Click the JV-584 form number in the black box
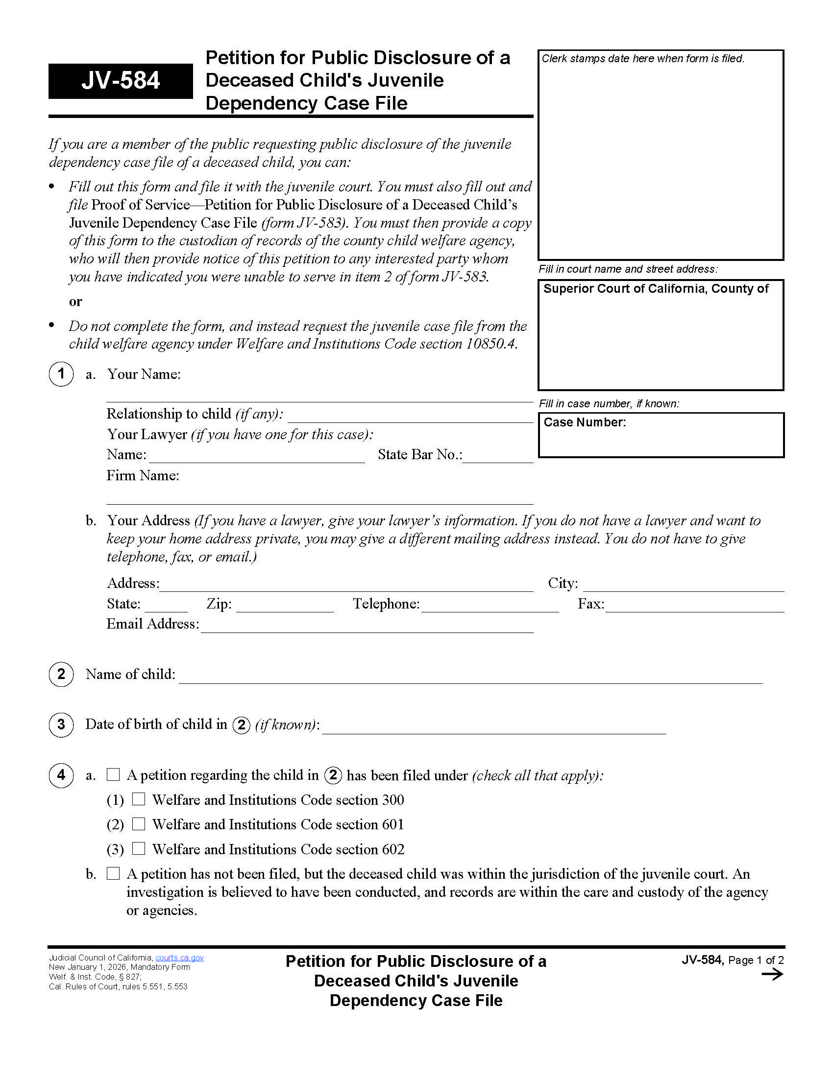tap(121, 80)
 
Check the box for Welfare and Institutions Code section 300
tap(139, 799)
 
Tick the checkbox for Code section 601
tap(139, 823)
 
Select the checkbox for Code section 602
tap(139, 848)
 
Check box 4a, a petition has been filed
tap(113, 774)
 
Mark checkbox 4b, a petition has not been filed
tap(113, 873)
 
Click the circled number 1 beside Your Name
tap(61, 374)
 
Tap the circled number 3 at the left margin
tap(61, 725)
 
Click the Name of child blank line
tap(470, 677)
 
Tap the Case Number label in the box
tap(584, 422)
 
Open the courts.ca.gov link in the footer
tap(179, 958)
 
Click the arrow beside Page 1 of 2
tap(772, 974)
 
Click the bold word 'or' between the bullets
tap(75, 301)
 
